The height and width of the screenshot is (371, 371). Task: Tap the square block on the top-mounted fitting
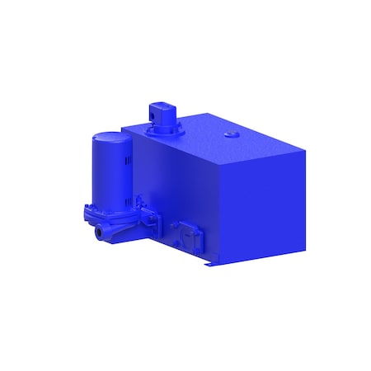click(x=158, y=110)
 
